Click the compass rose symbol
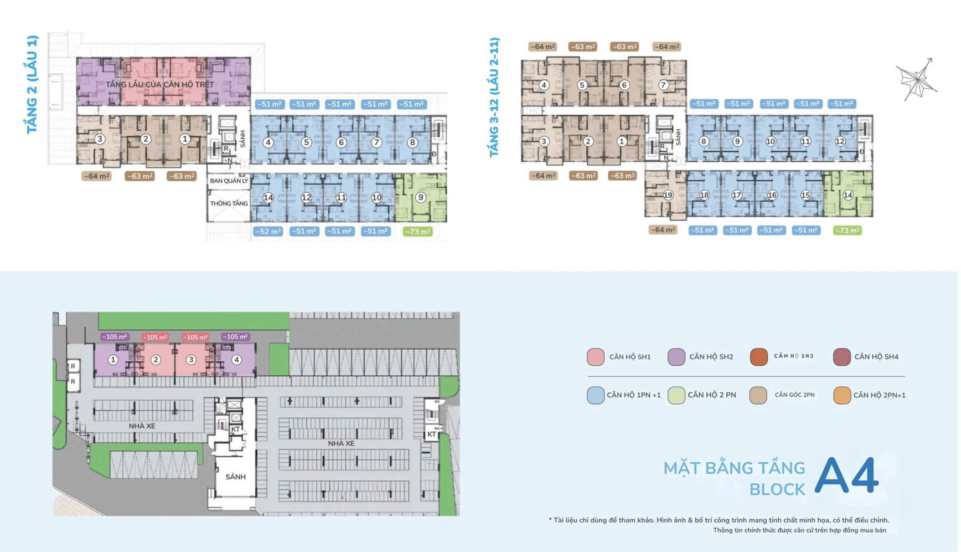click(x=917, y=79)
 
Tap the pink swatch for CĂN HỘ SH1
click(x=596, y=357)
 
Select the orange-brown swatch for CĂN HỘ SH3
click(x=759, y=357)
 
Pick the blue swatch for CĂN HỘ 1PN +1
click(x=596, y=395)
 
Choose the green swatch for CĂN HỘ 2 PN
click(x=676, y=395)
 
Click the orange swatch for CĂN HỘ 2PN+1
click(x=842, y=395)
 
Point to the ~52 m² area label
click(x=268, y=231)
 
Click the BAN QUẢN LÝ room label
click(x=229, y=181)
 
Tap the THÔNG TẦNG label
click(x=229, y=203)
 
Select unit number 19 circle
click(x=668, y=195)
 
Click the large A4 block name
click(x=846, y=476)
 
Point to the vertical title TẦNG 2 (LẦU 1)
click(x=33, y=84)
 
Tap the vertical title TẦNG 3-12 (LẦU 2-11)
click(x=494, y=98)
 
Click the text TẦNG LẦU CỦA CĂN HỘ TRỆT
click(x=159, y=85)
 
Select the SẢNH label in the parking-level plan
click(x=235, y=477)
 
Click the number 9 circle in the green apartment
click(x=421, y=197)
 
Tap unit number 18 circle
click(x=704, y=195)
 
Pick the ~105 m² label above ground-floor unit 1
click(x=115, y=337)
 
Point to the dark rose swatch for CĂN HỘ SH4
click(x=842, y=357)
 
